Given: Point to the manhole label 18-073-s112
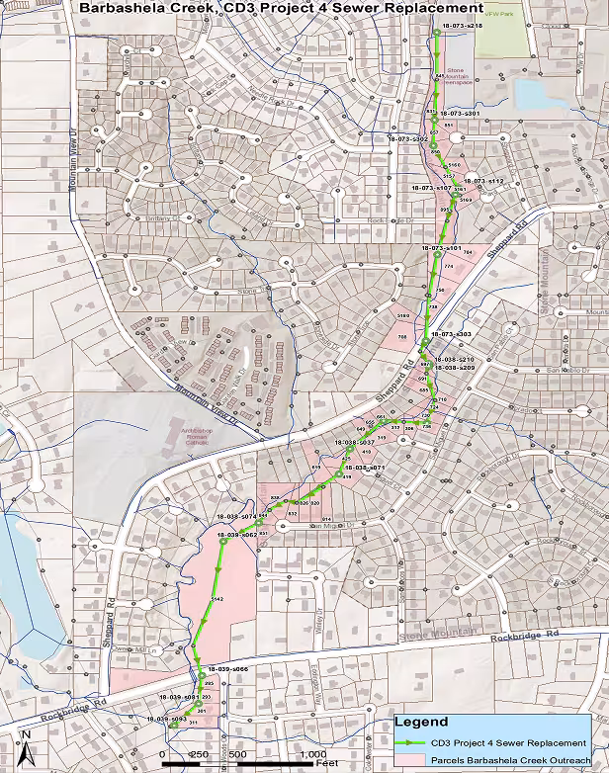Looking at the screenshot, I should [x=484, y=182].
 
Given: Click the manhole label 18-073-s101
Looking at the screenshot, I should [x=441, y=247].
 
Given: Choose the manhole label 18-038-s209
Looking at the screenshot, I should [x=455, y=368].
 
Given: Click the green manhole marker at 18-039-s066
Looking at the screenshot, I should [x=202, y=677].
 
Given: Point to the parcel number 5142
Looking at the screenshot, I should [x=218, y=600].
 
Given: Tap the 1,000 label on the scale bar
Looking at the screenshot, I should [x=311, y=753].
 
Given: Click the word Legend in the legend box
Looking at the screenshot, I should [x=421, y=723].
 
